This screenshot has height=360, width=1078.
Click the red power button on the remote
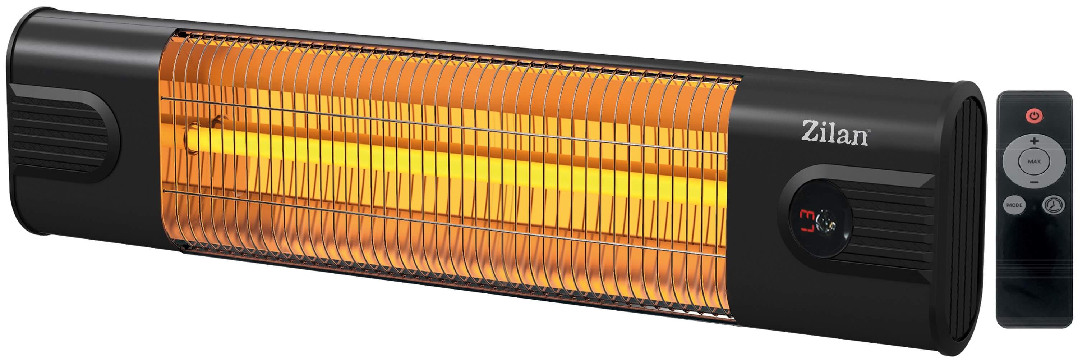(x=1034, y=115)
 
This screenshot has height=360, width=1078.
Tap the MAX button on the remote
(x=1034, y=161)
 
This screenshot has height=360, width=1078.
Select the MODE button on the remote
(x=1014, y=205)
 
